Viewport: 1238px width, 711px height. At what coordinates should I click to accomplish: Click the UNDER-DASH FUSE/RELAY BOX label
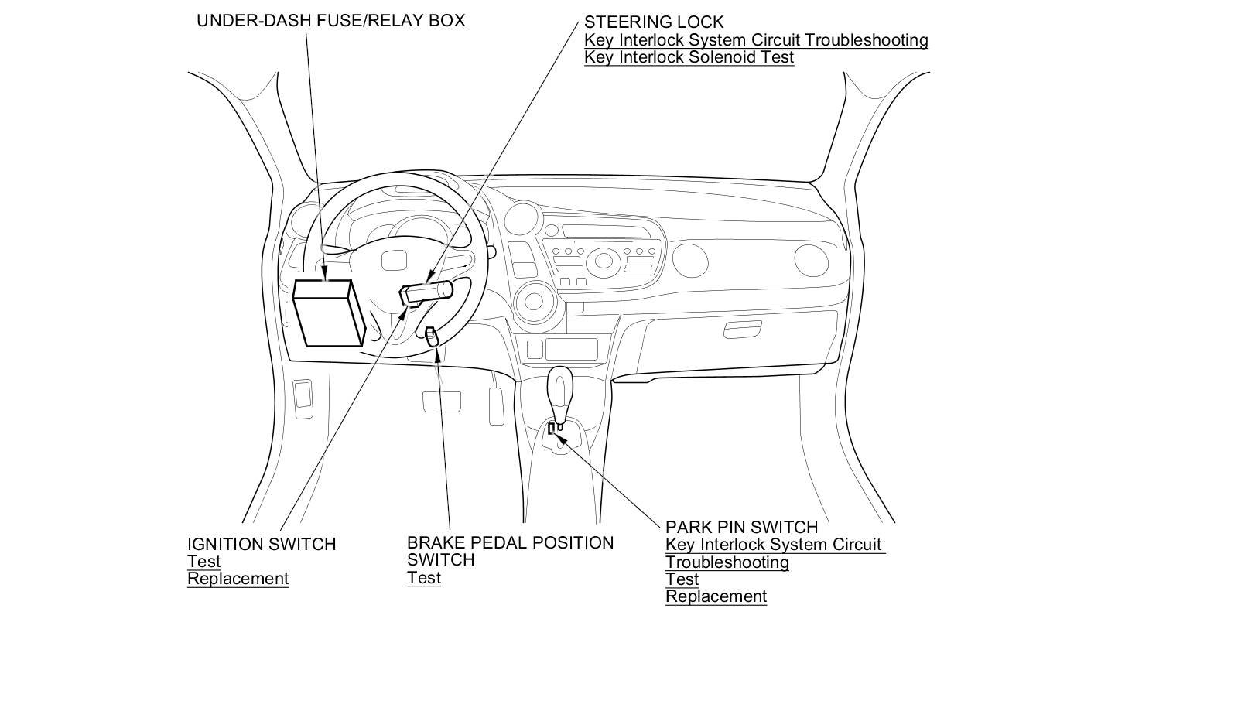[330, 21]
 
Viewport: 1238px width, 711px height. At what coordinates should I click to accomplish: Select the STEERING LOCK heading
[654, 22]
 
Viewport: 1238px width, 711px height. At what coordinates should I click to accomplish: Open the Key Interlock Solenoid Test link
[689, 57]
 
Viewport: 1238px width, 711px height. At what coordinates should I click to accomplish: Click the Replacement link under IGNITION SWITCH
[238, 579]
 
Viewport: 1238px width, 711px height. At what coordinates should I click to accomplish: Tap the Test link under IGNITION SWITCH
[203, 562]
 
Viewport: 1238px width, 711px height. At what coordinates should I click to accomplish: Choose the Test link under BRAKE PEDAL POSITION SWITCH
[424, 578]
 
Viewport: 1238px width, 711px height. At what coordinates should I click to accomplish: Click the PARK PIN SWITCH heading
[741, 527]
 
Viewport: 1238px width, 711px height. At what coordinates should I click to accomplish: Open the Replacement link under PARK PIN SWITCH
[716, 596]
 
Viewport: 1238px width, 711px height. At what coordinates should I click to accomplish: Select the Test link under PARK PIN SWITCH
[682, 579]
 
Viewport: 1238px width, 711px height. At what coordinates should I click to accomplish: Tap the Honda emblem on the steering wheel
[389, 261]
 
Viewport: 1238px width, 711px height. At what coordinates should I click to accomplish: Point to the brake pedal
[442, 402]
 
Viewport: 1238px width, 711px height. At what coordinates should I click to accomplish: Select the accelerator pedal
[496, 405]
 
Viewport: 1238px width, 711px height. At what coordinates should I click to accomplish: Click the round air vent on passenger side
[809, 260]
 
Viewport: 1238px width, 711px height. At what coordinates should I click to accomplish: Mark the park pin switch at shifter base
[555, 428]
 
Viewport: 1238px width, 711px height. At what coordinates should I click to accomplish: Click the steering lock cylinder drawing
[426, 292]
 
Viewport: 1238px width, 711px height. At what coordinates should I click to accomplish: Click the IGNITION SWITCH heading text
[262, 545]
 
